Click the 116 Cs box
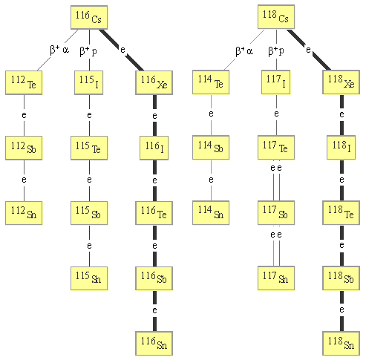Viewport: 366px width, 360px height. (89, 17)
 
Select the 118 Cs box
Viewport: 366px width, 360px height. (276, 17)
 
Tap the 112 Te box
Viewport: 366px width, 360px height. (24, 82)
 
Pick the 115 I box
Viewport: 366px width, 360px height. (89, 82)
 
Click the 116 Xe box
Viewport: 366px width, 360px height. (154, 82)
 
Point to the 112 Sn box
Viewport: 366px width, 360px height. (24, 213)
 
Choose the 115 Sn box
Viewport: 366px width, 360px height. (89, 278)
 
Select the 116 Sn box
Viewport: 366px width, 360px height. (154, 344)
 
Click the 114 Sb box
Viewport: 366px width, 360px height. (211, 148)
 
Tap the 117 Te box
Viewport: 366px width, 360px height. (276, 148)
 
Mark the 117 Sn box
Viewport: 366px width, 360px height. (276, 278)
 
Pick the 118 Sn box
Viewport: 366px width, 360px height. (341, 344)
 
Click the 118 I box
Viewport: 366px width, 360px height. (342, 148)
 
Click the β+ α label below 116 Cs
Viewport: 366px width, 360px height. (59, 50)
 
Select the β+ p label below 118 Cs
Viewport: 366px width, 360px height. (276, 51)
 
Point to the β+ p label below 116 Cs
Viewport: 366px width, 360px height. (88, 51)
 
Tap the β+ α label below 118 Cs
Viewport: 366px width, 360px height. (244, 51)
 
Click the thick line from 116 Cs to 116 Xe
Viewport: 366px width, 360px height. (122, 50)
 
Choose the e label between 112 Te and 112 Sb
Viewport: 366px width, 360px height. (24, 115)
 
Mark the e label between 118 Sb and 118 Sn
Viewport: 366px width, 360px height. (342, 310)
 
